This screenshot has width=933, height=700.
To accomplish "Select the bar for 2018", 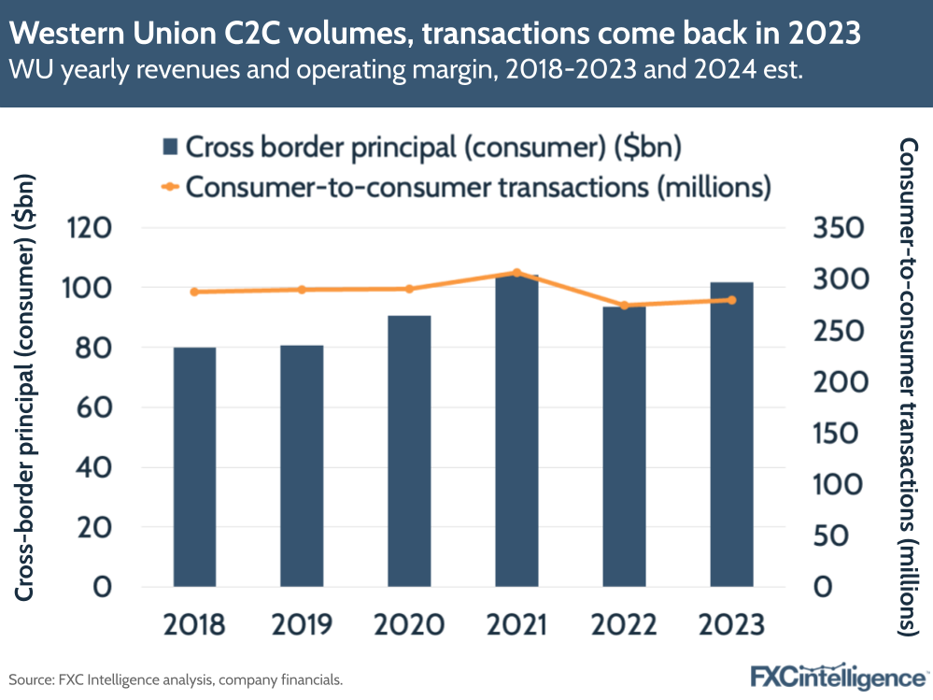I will click(x=194, y=467).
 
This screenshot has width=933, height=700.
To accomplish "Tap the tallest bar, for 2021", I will click(x=516, y=431).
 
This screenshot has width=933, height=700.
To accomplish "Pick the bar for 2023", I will click(x=731, y=435).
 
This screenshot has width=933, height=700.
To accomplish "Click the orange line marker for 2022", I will click(x=624, y=306).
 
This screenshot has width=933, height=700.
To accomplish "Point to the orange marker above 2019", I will click(x=302, y=290).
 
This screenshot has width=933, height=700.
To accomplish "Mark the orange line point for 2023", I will click(x=731, y=300).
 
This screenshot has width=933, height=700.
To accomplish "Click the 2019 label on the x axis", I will click(x=302, y=624).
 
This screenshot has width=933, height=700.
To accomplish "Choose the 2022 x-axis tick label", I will click(x=624, y=624).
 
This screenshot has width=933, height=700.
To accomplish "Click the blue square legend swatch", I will click(x=169, y=147).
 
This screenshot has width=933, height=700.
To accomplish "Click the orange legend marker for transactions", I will click(x=169, y=186).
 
